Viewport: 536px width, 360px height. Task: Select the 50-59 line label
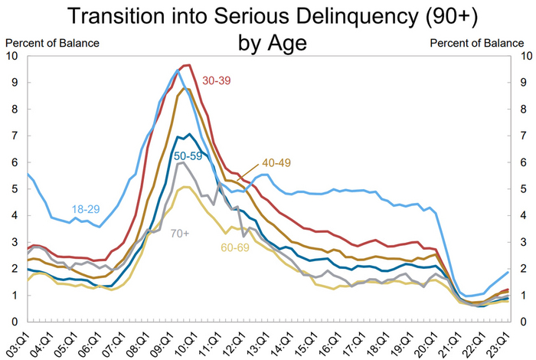pos(188,156)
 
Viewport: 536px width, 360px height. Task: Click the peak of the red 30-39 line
pos(188,65)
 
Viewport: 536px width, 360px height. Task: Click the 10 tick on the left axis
pos(11,56)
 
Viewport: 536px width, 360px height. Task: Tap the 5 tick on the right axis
pos(523,188)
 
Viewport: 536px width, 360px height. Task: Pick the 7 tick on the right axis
pos(523,136)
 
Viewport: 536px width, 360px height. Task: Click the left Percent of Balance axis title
pos(52,42)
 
